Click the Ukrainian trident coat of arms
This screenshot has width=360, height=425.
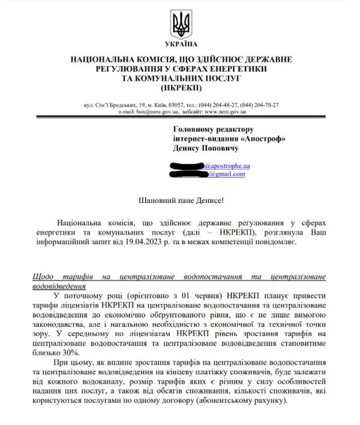[x=181, y=24]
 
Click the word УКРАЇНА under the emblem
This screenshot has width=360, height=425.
[x=181, y=43]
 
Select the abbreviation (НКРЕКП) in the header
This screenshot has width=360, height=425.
[x=181, y=88]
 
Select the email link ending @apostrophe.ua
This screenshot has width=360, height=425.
[x=227, y=166]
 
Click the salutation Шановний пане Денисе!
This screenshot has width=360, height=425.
[x=180, y=200]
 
